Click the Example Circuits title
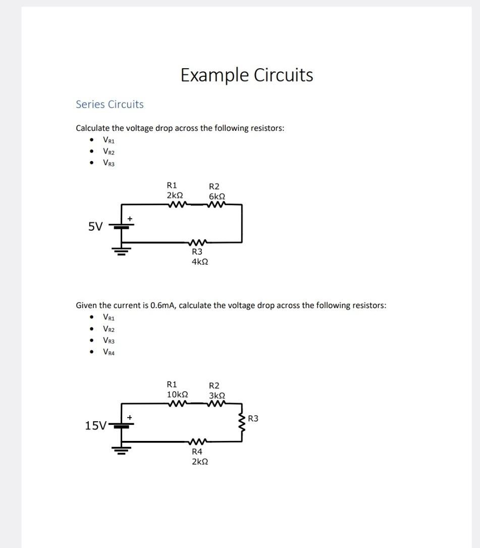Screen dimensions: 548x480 [x=247, y=75]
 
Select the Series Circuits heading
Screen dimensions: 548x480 [x=110, y=105]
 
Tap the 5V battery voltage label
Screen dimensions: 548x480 [x=95, y=227]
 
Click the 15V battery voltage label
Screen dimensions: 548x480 [x=95, y=426]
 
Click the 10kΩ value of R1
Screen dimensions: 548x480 [x=178, y=394]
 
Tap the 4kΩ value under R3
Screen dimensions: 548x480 [x=200, y=262]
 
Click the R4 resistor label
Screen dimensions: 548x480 [x=197, y=452]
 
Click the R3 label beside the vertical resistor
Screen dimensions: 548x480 [x=253, y=418]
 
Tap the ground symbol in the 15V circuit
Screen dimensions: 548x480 [x=122, y=450]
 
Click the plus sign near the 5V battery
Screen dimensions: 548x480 [x=130, y=218]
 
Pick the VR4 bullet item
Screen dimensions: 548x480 [x=109, y=353]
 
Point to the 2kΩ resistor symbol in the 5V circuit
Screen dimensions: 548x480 [x=178, y=205]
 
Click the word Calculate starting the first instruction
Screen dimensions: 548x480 [x=93, y=128]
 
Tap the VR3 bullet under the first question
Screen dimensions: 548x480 [x=109, y=163]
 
